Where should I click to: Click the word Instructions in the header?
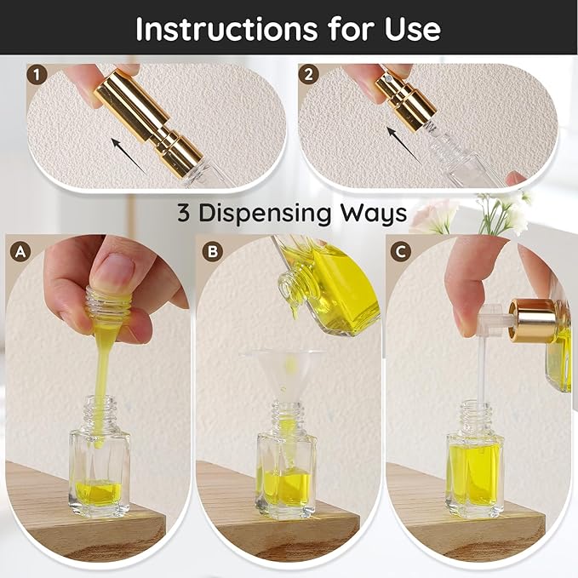(226, 28)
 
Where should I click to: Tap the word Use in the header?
(413, 29)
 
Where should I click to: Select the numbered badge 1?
(37, 75)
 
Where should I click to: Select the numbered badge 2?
(308, 74)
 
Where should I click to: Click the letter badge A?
(20, 252)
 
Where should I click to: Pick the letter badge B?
(213, 251)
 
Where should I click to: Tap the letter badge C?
(400, 252)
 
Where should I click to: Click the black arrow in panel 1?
(129, 156)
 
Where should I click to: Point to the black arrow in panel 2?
(404, 145)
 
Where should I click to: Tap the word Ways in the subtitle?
(373, 214)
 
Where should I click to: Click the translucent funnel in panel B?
(283, 376)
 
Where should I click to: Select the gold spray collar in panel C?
(531, 321)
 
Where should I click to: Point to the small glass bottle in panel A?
(100, 456)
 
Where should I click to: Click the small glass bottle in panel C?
(475, 460)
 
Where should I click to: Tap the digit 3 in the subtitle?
(184, 213)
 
